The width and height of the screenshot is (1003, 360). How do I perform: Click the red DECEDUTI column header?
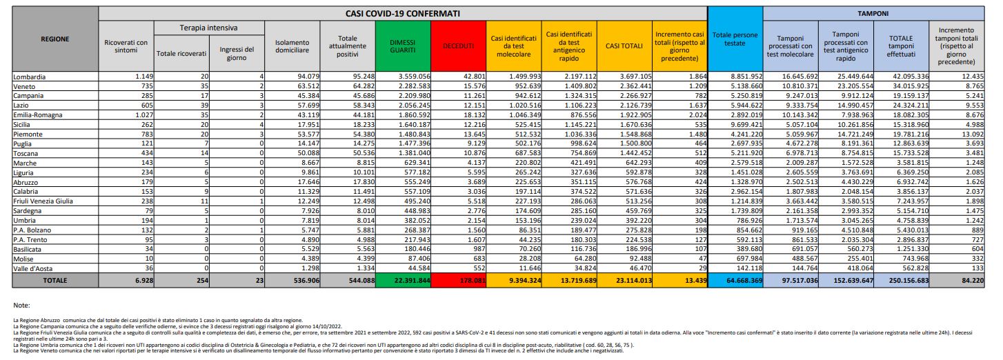click(458, 46)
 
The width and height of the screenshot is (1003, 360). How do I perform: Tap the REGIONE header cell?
click(55, 39)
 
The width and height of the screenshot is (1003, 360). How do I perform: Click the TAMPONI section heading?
click(873, 13)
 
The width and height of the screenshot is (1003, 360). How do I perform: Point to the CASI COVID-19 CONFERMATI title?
click(403, 13)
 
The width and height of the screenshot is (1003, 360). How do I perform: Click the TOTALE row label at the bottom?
click(55, 281)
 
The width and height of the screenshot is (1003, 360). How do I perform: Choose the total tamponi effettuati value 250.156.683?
click(903, 281)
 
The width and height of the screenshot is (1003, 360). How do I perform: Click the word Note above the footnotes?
click(23, 305)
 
